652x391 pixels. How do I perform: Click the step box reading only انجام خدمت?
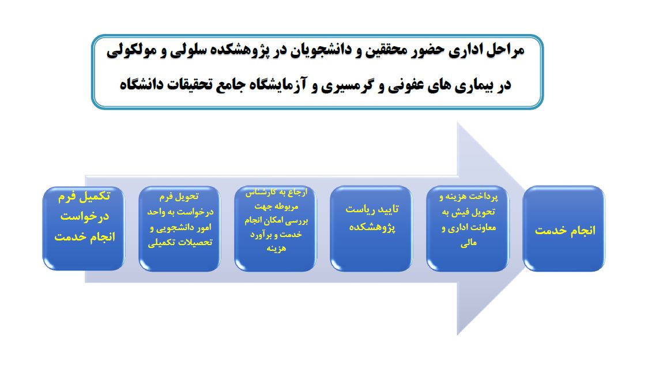coord(564,229)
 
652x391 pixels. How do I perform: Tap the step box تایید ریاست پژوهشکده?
coord(371,229)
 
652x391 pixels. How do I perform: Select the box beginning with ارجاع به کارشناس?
coord(276,229)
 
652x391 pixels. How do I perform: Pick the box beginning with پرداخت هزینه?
coord(468,229)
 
